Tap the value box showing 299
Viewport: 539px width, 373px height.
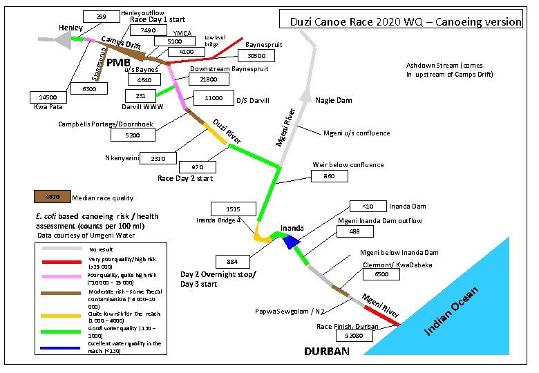[x=101, y=17]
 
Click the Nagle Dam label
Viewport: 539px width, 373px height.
[x=334, y=101]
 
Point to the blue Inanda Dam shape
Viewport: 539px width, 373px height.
[x=290, y=240]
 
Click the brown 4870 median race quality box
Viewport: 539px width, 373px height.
[x=51, y=195]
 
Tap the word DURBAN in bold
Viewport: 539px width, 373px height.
[x=327, y=352]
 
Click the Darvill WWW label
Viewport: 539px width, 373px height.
[x=142, y=108]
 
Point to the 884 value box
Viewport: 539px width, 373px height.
[x=232, y=261]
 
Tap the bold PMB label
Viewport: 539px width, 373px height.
[x=109, y=64]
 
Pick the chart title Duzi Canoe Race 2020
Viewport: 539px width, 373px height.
[x=405, y=21]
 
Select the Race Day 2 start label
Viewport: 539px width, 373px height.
[x=185, y=178]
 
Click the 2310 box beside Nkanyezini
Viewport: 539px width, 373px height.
[x=158, y=159]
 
